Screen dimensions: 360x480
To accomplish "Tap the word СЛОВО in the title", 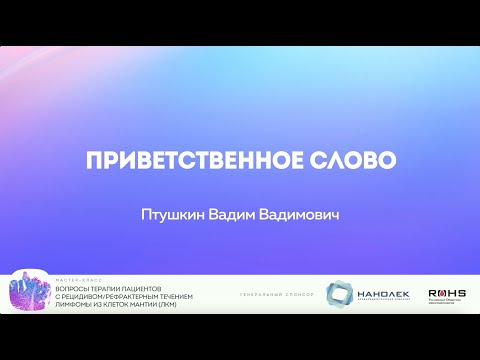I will point(358,162).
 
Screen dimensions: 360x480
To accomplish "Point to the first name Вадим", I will point(230,215).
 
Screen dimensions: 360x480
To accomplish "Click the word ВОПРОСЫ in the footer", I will point(75,286).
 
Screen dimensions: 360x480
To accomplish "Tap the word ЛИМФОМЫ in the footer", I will point(75,304).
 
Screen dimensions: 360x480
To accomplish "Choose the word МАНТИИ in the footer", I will point(157,304).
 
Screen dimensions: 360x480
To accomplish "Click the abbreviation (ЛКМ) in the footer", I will point(183,304).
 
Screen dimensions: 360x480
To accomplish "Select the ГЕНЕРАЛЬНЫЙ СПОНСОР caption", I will point(278,295).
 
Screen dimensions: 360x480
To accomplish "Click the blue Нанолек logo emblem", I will point(340,293).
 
